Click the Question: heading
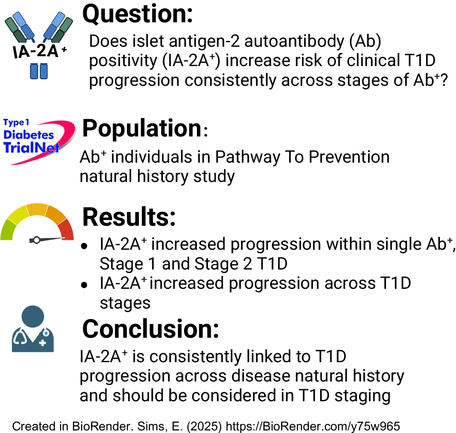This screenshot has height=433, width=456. pyautogui.click(x=138, y=14)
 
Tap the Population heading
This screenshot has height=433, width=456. pyautogui.click(x=145, y=128)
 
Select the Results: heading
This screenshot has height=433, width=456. pyautogui.click(x=129, y=217)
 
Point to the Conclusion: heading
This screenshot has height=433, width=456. pyautogui.click(x=150, y=329)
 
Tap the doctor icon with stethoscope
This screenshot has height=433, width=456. pyautogui.click(x=33, y=329)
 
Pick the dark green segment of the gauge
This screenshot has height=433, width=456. pyautogui.click(x=7, y=230)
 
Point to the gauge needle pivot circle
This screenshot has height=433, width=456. pyautogui.click(x=36, y=240)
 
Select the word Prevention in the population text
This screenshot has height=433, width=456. pyautogui.click(x=349, y=157)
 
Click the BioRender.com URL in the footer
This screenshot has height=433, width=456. pyautogui.click(x=313, y=426)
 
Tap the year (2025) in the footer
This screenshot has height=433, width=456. pyautogui.click(x=204, y=426)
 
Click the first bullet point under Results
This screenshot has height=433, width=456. pyautogui.click(x=85, y=246)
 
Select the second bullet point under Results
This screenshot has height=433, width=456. pyautogui.click(x=85, y=285)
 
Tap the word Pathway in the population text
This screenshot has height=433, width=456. pyautogui.click(x=247, y=158)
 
